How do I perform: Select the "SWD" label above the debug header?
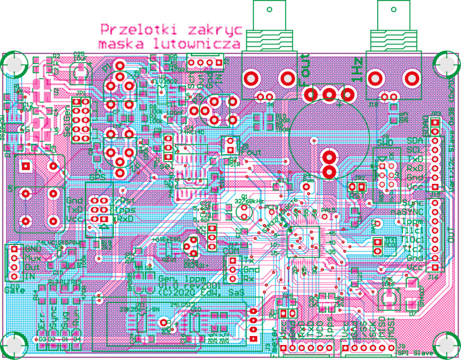386,143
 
